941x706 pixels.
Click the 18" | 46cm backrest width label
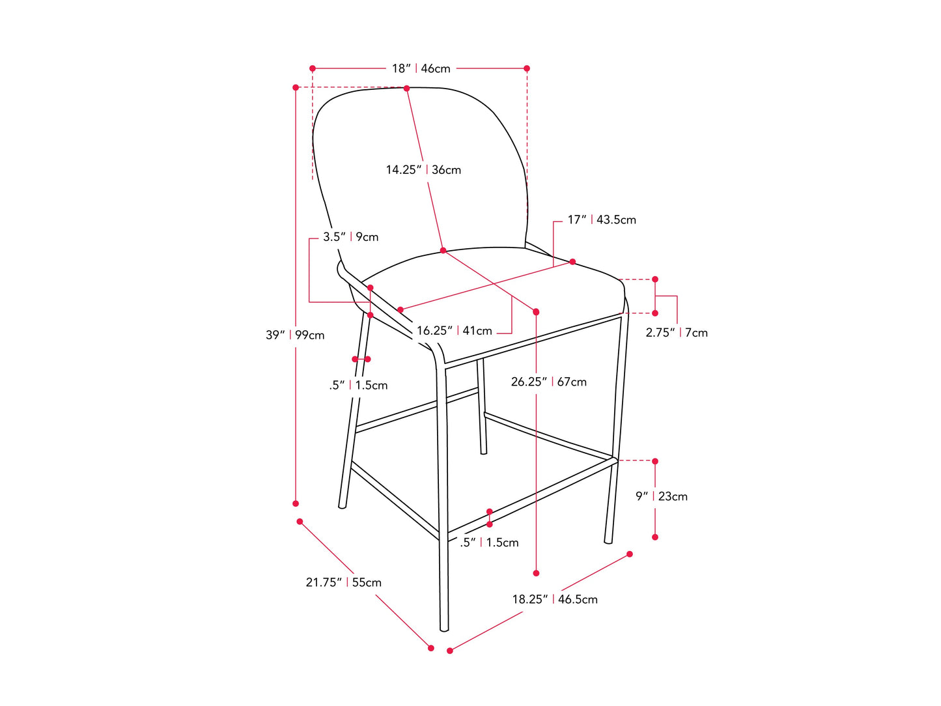click(421, 68)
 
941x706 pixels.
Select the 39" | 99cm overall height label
click(294, 335)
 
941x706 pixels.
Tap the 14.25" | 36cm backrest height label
click(423, 170)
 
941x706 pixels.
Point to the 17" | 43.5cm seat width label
click(602, 220)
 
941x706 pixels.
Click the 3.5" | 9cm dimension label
click(350, 237)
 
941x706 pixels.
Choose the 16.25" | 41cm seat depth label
click(454, 330)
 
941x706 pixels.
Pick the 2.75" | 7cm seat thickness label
click(676, 333)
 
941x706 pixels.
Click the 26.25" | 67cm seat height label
click(548, 382)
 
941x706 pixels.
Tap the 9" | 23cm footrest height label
click(661, 496)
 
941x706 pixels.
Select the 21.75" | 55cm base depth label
click(343, 582)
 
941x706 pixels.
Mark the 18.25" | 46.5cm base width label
click(554, 599)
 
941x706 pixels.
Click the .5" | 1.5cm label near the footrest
click(488, 543)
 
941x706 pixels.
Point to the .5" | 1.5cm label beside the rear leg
click(358, 386)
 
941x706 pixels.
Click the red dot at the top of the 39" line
click(296, 87)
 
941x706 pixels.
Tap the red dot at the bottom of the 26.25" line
click(536, 573)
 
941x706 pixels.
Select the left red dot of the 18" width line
click(313, 68)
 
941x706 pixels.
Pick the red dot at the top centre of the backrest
click(406, 89)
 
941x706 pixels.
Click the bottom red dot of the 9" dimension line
click(654, 537)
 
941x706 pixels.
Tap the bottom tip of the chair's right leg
click(608, 543)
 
